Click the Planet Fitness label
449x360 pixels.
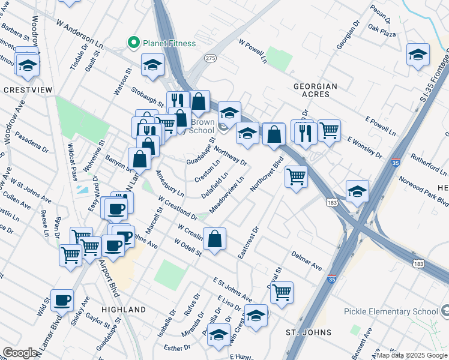click(x=169, y=43)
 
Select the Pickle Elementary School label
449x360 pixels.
click(x=391, y=311)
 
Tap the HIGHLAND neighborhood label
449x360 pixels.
click(x=124, y=310)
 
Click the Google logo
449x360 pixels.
click(x=20, y=353)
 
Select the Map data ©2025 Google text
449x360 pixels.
click(x=412, y=355)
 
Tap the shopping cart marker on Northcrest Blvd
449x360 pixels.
click(x=296, y=176)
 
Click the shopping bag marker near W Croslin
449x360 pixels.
click(x=215, y=238)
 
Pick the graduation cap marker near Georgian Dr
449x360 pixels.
click(x=418, y=55)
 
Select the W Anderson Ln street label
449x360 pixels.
click(x=80, y=37)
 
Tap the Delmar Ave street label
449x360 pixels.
click(x=306, y=262)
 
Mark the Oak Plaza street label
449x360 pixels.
click(x=382, y=31)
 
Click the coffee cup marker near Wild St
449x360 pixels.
click(x=61, y=300)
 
